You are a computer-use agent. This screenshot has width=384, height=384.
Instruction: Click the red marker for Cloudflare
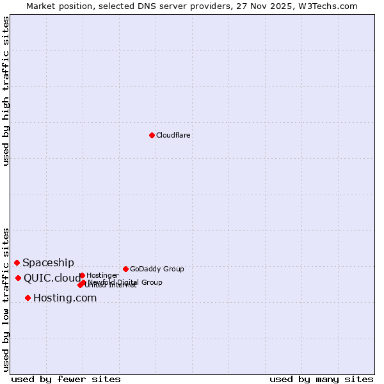click(152, 135)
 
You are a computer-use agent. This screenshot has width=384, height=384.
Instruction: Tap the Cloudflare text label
click(173, 135)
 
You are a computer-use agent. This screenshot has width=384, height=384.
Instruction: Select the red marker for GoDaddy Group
click(125, 269)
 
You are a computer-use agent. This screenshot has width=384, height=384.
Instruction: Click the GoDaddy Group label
click(157, 269)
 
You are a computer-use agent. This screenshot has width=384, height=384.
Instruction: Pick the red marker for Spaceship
click(17, 262)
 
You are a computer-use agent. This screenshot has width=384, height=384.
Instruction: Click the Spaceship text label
click(48, 262)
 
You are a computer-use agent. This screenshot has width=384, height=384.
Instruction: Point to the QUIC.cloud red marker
click(18, 278)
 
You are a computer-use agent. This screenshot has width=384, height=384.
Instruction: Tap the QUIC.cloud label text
click(52, 278)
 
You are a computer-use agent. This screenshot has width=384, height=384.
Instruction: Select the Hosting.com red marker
click(28, 298)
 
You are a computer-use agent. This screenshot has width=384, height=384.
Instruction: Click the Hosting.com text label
click(65, 298)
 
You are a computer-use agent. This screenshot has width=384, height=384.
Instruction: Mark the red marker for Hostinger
click(82, 275)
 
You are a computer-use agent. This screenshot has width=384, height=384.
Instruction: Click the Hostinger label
click(102, 275)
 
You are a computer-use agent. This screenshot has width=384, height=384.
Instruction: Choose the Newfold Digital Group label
click(125, 282)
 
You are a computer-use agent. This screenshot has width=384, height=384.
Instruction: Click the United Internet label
click(111, 285)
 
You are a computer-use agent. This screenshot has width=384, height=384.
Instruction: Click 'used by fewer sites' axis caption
click(66, 379)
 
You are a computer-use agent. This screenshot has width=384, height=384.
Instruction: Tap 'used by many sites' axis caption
click(321, 379)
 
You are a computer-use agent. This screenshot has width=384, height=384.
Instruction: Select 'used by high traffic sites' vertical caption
click(6, 91)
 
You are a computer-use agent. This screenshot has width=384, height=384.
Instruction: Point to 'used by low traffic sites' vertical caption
click(6, 299)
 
